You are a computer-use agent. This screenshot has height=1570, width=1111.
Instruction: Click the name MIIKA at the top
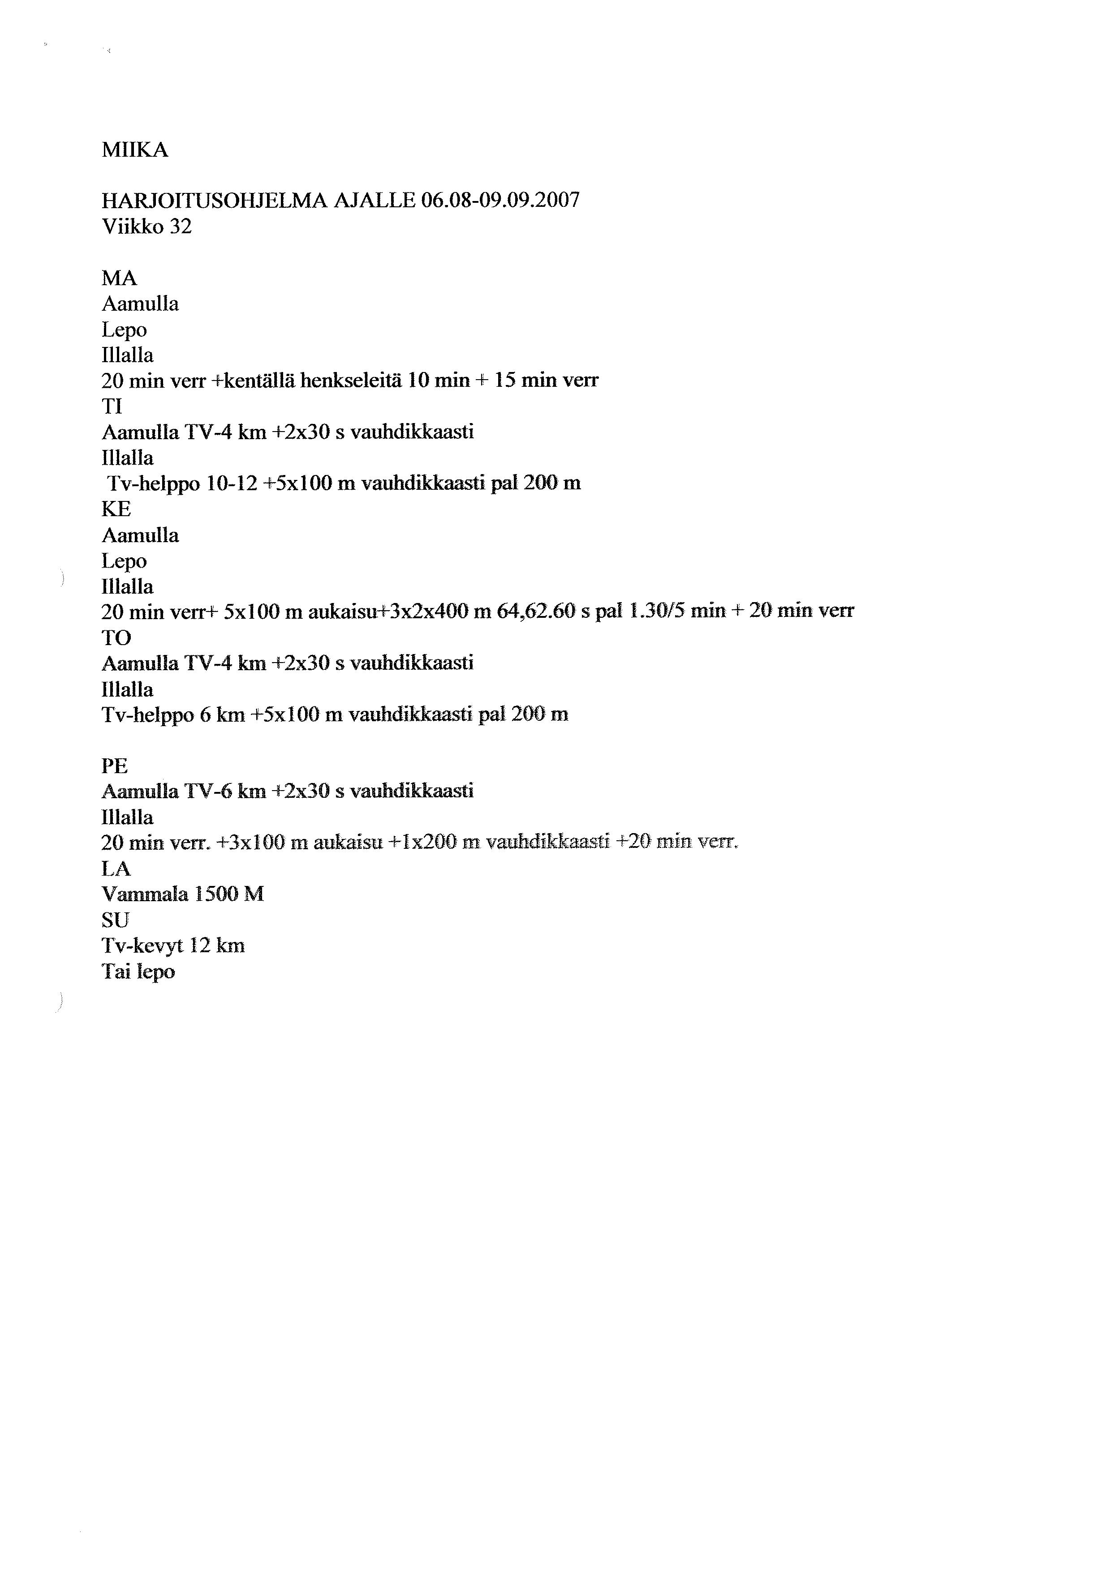point(135,150)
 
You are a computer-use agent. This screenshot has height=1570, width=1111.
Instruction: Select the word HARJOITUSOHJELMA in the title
point(215,201)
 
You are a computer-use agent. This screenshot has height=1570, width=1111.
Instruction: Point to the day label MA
point(119,278)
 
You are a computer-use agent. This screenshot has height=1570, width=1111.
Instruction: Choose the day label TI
point(112,407)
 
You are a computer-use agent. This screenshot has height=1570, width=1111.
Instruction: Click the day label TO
point(116,638)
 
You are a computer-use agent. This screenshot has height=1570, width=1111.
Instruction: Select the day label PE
point(114,766)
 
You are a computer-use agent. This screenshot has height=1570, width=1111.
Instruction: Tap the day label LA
point(116,869)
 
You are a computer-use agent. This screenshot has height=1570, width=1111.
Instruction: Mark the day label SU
point(115,920)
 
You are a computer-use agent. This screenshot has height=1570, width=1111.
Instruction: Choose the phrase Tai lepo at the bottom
point(138,971)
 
